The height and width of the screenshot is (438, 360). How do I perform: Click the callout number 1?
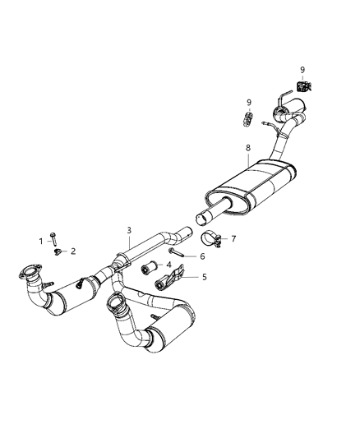(40, 240)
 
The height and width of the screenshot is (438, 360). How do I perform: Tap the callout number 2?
(72, 251)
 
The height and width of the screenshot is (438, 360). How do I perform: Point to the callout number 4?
(168, 265)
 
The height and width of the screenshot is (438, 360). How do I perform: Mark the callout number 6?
(201, 256)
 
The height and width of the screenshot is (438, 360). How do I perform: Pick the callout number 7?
(233, 239)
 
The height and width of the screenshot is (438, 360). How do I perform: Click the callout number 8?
(247, 148)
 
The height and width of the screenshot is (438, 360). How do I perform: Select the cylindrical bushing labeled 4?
(149, 267)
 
